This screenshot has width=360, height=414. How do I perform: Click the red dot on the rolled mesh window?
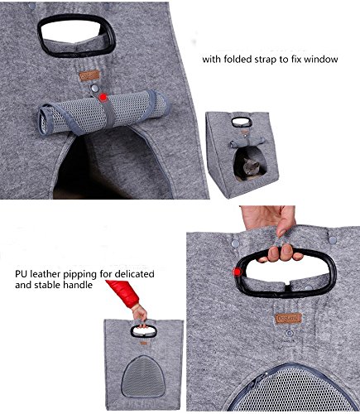(x=103, y=98)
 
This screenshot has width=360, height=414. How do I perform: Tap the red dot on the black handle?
(x=237, y=272)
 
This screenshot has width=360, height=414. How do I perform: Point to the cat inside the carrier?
(x=250, y=168)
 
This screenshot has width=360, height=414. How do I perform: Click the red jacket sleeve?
(x=123, y=293)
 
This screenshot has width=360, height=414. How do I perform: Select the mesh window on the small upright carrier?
(x=143, y=376)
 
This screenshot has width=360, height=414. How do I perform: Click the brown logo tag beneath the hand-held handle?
(x=288, y=318)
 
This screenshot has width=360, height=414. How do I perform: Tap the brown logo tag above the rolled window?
(x=89, y=75)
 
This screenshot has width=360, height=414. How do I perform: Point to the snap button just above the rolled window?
(x=94, y=88)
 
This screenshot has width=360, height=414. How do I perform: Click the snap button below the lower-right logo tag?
(x=290, y=333)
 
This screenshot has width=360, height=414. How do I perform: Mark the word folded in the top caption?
(x=233, y=60)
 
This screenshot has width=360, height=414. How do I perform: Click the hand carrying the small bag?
(x=140, y=314)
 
